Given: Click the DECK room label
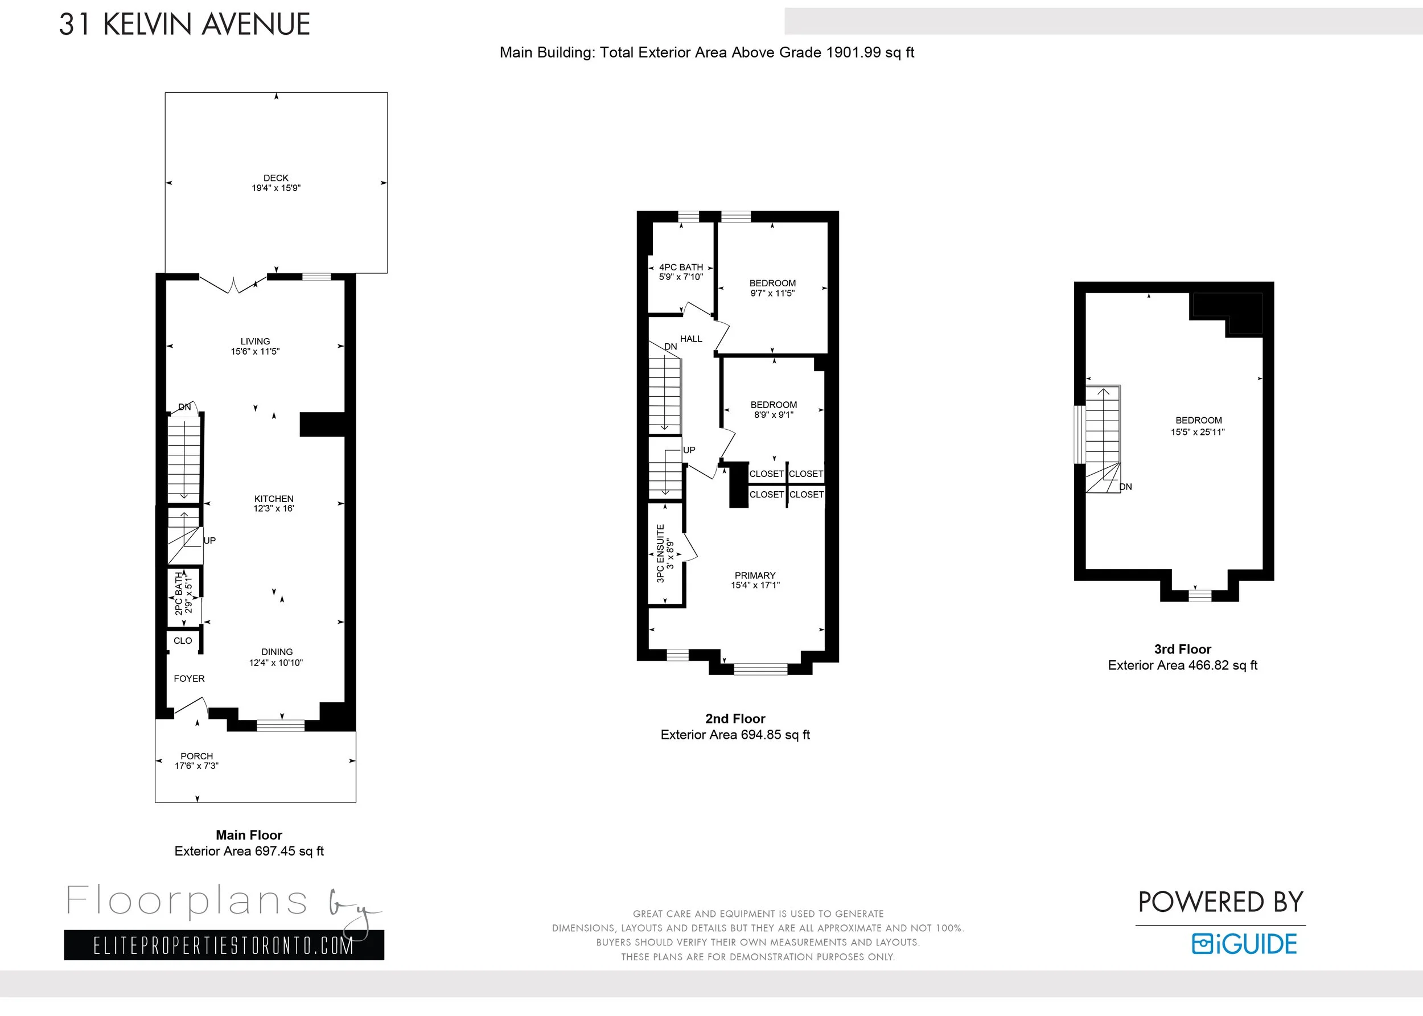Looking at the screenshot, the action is (x=276, y=178).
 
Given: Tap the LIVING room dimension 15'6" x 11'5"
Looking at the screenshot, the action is (x=255, y=352).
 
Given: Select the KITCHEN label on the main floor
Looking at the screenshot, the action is (x=274, y=499).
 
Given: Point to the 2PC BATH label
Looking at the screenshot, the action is (x=179, y=593).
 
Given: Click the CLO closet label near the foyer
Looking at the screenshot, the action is (x=183, y=641).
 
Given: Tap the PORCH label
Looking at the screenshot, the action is (x=196, y=756).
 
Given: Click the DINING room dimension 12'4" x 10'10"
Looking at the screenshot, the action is (x=276, y=663).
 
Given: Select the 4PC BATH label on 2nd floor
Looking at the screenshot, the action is (x=681, y=267).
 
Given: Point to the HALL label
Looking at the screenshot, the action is (x=691, y=339).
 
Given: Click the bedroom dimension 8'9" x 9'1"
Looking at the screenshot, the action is (x=774, y=415).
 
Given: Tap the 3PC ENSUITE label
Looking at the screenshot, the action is (x=660, y=554).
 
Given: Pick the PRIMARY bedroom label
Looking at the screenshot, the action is (x=755, y=575).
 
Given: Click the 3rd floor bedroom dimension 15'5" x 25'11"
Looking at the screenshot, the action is (x=1198, y=431).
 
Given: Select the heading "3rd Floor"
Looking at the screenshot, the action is (x=1183, y=649).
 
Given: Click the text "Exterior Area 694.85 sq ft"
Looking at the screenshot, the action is (x=735, y=735).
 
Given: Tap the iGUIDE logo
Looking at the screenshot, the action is (x=1244, y=944).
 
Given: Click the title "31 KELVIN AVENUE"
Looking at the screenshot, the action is (x=184, y=24).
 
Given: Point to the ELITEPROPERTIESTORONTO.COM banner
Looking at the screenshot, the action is (x=224, y=945).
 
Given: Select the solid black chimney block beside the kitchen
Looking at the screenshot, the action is (x=323, y=424).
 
